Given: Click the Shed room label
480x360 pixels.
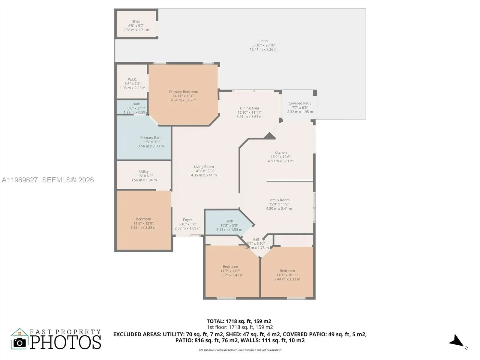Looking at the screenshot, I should pos(136,22).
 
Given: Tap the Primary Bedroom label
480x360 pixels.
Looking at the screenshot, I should pos(183,92).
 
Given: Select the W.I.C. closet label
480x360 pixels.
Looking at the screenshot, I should pos(132,79).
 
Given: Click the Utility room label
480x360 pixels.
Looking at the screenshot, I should pos(144,172).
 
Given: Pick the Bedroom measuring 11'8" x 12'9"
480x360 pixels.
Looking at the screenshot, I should pos(143,223).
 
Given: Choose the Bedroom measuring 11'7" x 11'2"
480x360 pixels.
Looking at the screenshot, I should pos(230,271).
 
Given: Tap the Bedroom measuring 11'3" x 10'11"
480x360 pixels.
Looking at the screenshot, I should pos(287,275).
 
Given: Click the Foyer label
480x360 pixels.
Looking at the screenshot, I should pos(187,220).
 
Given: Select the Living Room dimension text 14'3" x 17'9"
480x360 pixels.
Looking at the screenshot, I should pos(204,171).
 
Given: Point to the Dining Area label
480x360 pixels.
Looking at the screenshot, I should pos(249,108).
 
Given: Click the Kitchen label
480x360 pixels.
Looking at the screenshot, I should pos(280,152).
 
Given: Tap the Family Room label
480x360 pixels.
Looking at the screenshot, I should pos(279,200).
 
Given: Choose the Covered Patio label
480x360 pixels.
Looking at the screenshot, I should pos(300,103).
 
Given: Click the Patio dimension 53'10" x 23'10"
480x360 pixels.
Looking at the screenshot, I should pos(263,45).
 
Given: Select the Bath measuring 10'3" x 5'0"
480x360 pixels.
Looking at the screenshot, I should pos(229,225).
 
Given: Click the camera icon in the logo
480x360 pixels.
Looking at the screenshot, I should pos(20,342).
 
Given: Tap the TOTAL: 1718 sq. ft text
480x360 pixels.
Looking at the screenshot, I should pos(239,321).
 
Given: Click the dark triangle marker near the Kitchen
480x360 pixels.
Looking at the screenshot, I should pos(270,136).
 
